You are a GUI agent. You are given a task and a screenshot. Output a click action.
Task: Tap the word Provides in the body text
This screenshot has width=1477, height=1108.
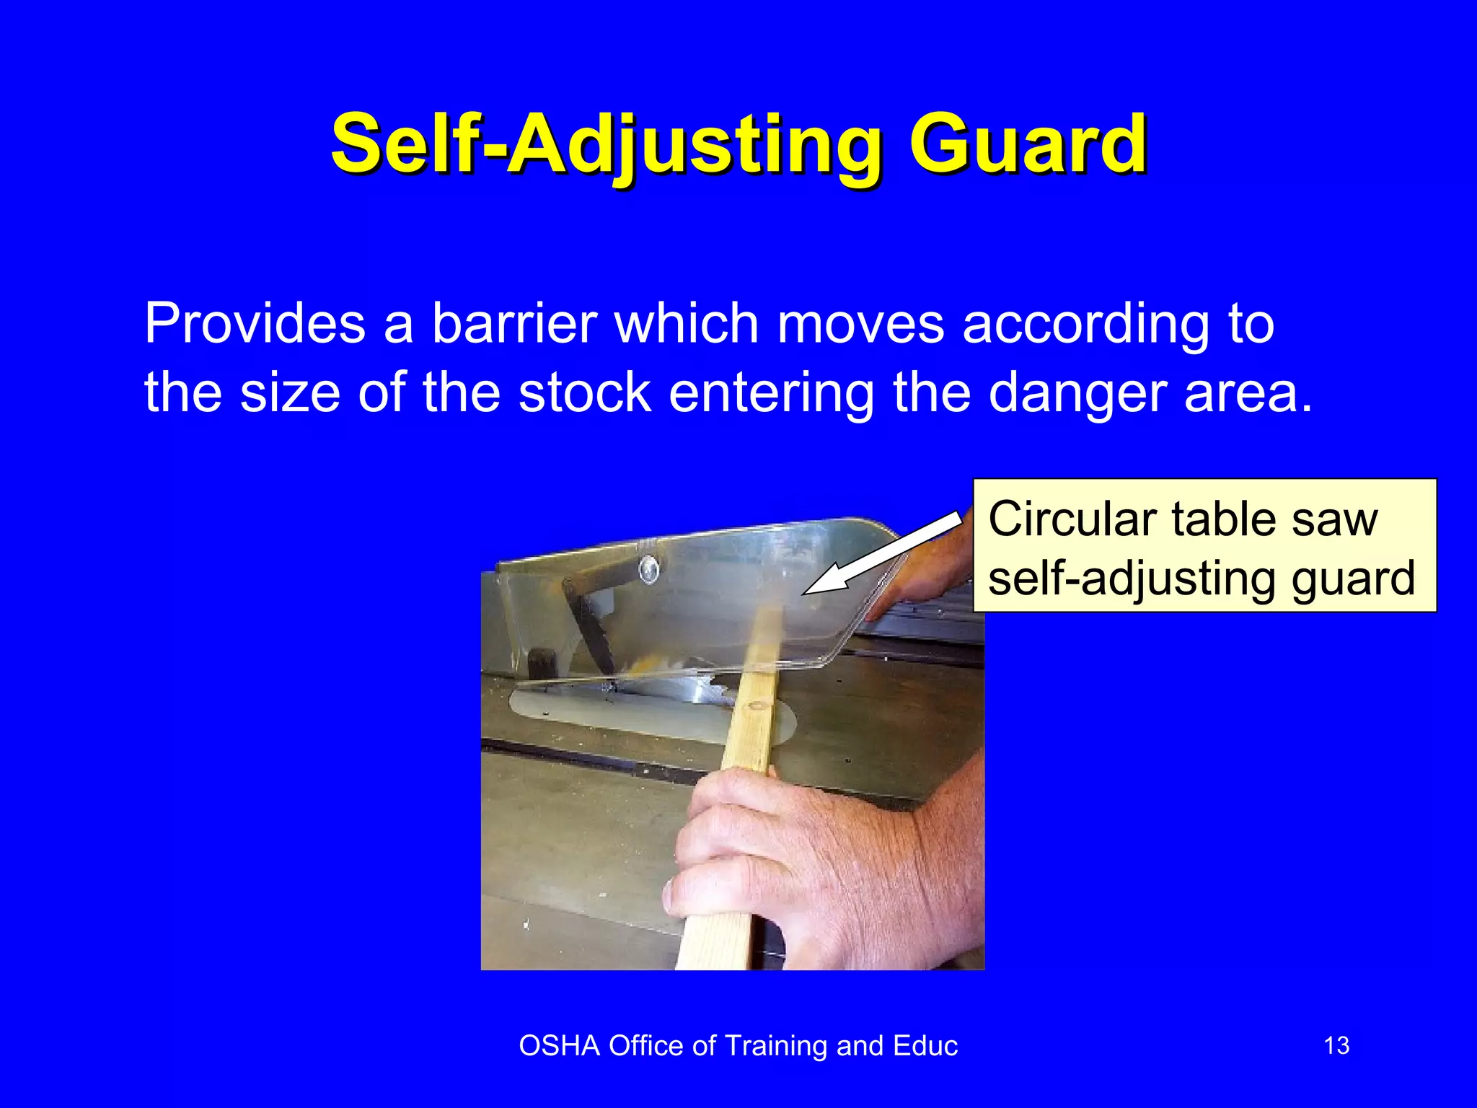point(255,323)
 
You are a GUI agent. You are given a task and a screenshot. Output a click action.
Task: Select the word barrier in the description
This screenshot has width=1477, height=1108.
point(514,323)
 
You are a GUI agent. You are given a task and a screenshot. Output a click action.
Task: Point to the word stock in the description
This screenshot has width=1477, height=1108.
point(585,392)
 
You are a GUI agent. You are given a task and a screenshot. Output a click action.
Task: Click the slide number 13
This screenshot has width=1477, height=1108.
point(1336,1046)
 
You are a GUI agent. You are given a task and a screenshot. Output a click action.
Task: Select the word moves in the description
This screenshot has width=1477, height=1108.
point(860,323)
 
